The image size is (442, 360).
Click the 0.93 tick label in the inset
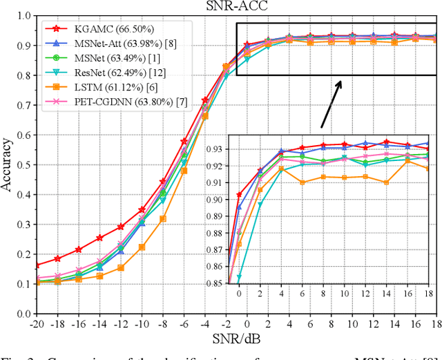216,149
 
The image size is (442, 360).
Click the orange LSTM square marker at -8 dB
163,219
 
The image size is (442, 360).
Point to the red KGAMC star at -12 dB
120,227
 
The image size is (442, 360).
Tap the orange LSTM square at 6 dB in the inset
302,182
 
